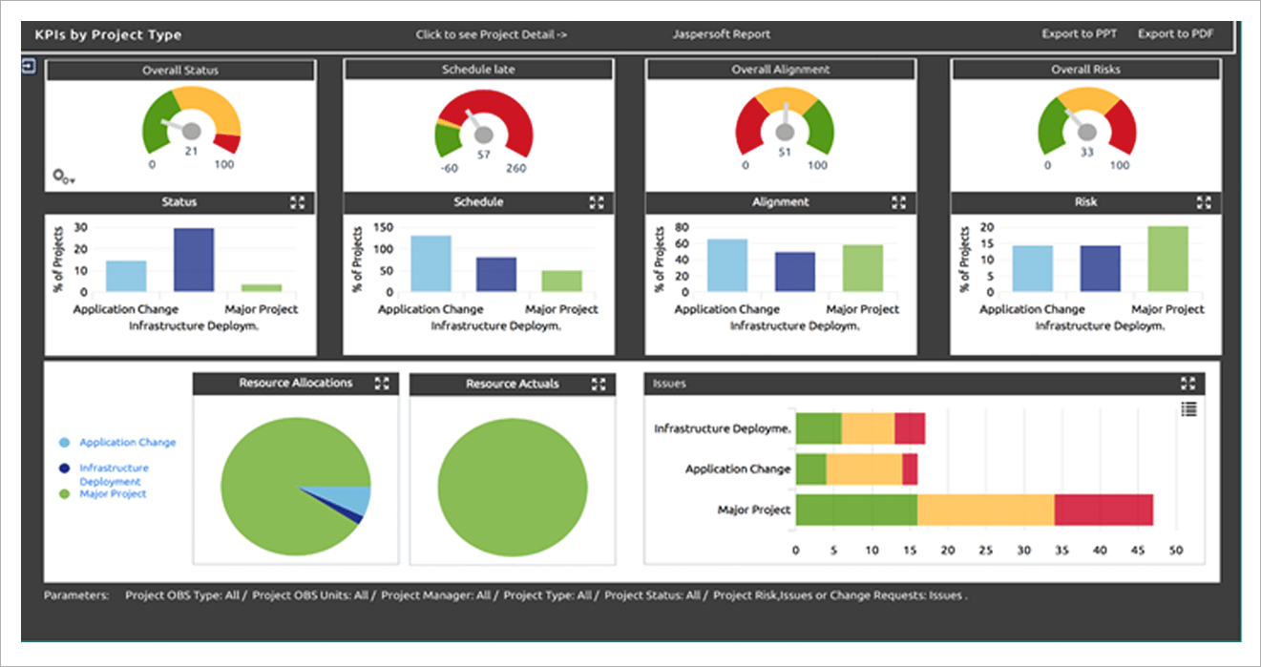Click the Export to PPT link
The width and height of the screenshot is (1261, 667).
tap(1079, 34)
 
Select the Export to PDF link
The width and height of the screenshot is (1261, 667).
tap(1175, 34)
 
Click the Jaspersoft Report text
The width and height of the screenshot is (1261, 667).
tap(721, 34)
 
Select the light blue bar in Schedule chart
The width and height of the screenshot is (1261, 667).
tap(431, 263)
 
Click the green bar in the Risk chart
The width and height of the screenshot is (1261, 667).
tap(1168, 259)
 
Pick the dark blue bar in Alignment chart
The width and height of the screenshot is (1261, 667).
tap(795, 272)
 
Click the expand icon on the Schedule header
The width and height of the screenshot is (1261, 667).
tap(597, 202)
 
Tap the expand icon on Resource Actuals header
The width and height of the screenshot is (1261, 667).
tap(599, 385)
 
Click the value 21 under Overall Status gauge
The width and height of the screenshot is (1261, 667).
tap(191, 151)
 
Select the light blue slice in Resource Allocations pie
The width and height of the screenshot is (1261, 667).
tap(355, 499)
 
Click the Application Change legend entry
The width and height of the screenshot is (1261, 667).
tap(127, 443)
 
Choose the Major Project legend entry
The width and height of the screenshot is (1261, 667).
tap(113, 494)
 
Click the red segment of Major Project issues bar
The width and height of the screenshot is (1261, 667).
tap(1103, 510)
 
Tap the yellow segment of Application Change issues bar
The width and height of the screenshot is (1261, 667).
tap(864, 469)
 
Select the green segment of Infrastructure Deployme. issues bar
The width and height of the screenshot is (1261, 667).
tap(818, 429)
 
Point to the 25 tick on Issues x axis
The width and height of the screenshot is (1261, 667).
tap(986, 551)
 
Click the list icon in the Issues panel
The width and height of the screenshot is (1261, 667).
tap(1188, 409)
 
